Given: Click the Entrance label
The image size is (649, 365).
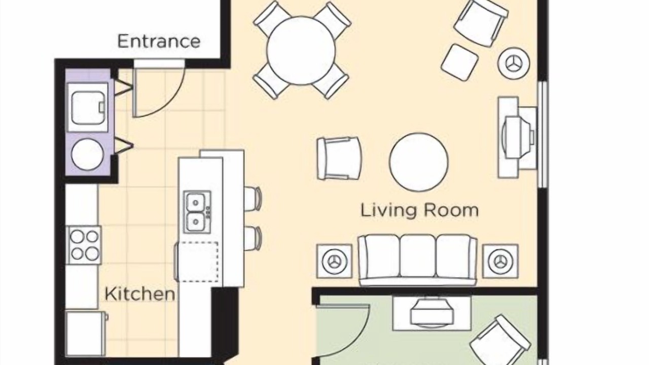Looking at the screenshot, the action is coord(159,42).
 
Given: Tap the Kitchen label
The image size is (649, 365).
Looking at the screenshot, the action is coord(139,294).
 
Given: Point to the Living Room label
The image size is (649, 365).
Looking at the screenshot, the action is coord(419,210).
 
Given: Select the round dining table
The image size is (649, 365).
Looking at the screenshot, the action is coord(301,51).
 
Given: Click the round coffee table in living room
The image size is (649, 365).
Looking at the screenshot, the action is coord(419,162).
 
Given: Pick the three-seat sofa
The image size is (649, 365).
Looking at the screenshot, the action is coord(417,260).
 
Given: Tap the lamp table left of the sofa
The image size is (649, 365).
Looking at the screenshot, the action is coord(334,261).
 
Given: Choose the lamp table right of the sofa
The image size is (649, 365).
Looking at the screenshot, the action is coord(500,261).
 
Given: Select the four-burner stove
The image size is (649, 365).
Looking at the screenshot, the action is coord(84,245).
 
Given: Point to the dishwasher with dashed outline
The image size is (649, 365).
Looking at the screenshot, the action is coord(197,262).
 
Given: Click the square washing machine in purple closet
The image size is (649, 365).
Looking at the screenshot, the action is coord(88,107).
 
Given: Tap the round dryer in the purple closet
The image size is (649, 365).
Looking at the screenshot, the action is coord(87,154).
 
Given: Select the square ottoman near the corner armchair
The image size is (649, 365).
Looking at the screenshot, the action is coord(459,62).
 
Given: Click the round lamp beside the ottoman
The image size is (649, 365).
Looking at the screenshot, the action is coord(514,63).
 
